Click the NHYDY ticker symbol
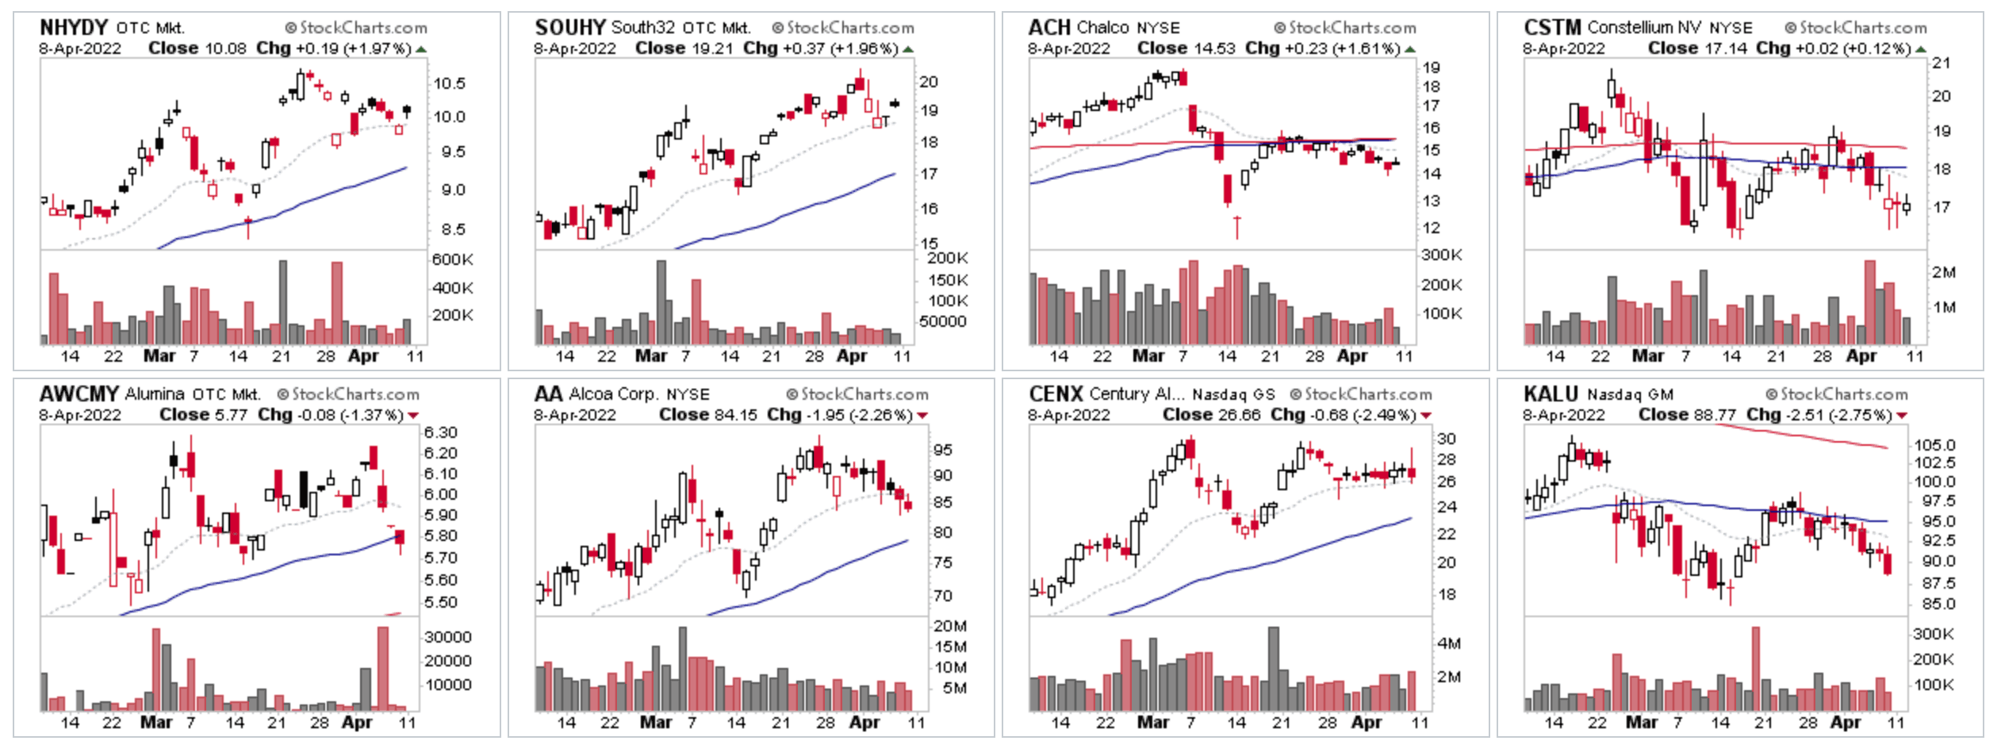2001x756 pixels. point(73,28)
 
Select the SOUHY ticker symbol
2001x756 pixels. point(569,28)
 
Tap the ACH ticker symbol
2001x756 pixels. point(1048,28)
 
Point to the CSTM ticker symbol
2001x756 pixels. point(1551,28)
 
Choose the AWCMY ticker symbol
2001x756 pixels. point(79,394)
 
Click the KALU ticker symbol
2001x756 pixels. point(1551,394)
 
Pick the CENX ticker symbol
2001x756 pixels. point(1055,394)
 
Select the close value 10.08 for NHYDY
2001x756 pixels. point(225,48)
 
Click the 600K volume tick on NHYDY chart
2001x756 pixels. point(452,259)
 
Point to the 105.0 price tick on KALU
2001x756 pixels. point(1934,445)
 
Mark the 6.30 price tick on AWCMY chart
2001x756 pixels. point(440,432)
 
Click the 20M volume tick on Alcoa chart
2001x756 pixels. point(949,626)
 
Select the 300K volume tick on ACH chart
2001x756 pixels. point(1441,255)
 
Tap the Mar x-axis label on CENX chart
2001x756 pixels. point(1152,723)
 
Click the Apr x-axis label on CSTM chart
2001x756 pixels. point(1861,356)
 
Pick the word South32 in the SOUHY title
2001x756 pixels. point(642,28)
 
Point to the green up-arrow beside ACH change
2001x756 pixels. point(1410,49)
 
